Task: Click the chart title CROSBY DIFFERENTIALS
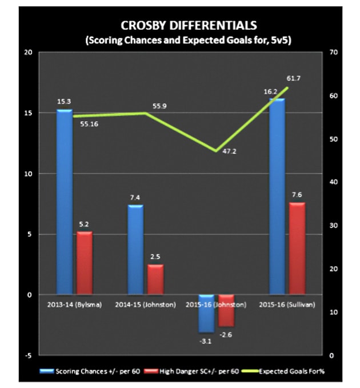click(x=180, y=26)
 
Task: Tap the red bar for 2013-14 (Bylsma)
click(x=84, y=263)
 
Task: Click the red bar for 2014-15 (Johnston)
click(x=155, y=279)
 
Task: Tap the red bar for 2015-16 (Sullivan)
click(x=297, y=249)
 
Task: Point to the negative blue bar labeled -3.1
click(x=206, y=313)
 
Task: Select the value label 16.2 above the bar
click(x=277, y=91)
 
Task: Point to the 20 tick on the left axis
click(x=27, y=53)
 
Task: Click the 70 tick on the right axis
click(x=334, y=53)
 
